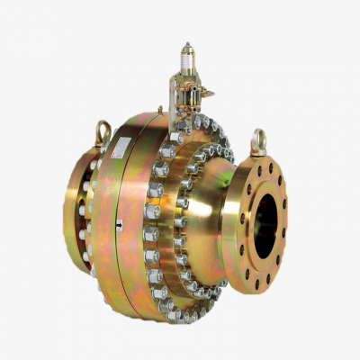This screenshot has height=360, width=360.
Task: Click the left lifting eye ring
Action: point(103,132)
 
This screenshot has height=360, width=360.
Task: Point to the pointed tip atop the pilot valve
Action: point(186,44)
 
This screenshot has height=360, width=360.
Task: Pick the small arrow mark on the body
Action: point(119,226)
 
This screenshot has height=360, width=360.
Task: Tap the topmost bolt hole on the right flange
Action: point(263,167)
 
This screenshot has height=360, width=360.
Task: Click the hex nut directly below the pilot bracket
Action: point(176,136)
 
